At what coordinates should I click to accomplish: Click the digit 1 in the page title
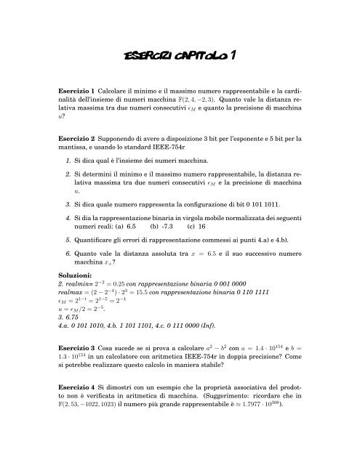(x=231, y=54)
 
